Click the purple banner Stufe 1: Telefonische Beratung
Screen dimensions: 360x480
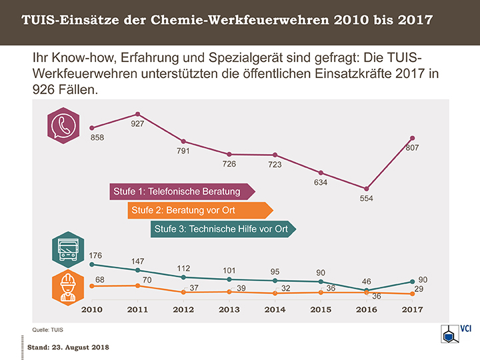click(181, 192)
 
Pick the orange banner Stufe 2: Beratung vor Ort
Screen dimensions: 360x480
click(198, 211)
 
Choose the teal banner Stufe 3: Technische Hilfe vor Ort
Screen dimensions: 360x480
click(222, 229)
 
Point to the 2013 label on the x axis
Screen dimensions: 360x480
click(229, 310)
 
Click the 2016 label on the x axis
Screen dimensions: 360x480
click(367, 310)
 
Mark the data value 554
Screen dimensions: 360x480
click(367, 199)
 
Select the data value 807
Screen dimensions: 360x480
click(412, 148)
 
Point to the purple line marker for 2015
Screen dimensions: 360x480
click(321, 173)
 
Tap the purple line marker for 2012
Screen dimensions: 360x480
click(183, 141)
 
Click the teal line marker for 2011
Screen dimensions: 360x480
click(137, 270)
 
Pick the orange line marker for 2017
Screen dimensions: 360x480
click(412, 294)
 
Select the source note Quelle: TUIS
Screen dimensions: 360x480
click(47, 330)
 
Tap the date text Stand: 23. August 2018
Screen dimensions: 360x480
click(68, 348)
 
